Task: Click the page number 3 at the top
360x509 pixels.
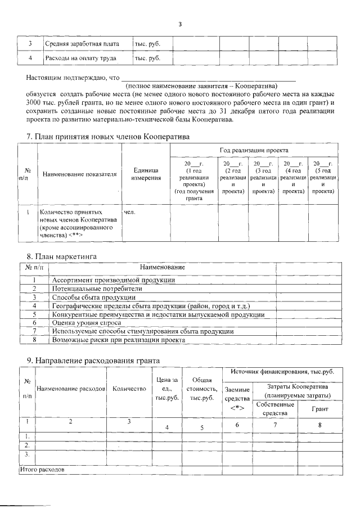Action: pyautogui.click(x=180, y=24)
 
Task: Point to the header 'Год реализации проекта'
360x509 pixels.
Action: pyautogui.click(x=254, y=151)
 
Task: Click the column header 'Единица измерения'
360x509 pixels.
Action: pyautogui.click(x=146, y=174)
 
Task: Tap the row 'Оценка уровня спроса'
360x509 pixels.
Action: pyautogui.click(x=87, y=323)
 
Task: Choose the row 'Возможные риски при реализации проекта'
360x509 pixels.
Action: pyautogui.click(x=118, y=340)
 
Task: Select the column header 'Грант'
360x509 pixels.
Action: pyautogui.click(x=319, y=409)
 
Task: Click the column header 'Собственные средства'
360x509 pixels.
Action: pyautogui.click(x=274, y=409)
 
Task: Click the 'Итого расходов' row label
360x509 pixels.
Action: pyautogui.click(x=43, y=469)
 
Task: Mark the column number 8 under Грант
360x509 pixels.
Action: pyautogui.click(x=319, y=425)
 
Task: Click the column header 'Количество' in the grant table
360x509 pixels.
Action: pyautogui.click(x=129, y=389)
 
